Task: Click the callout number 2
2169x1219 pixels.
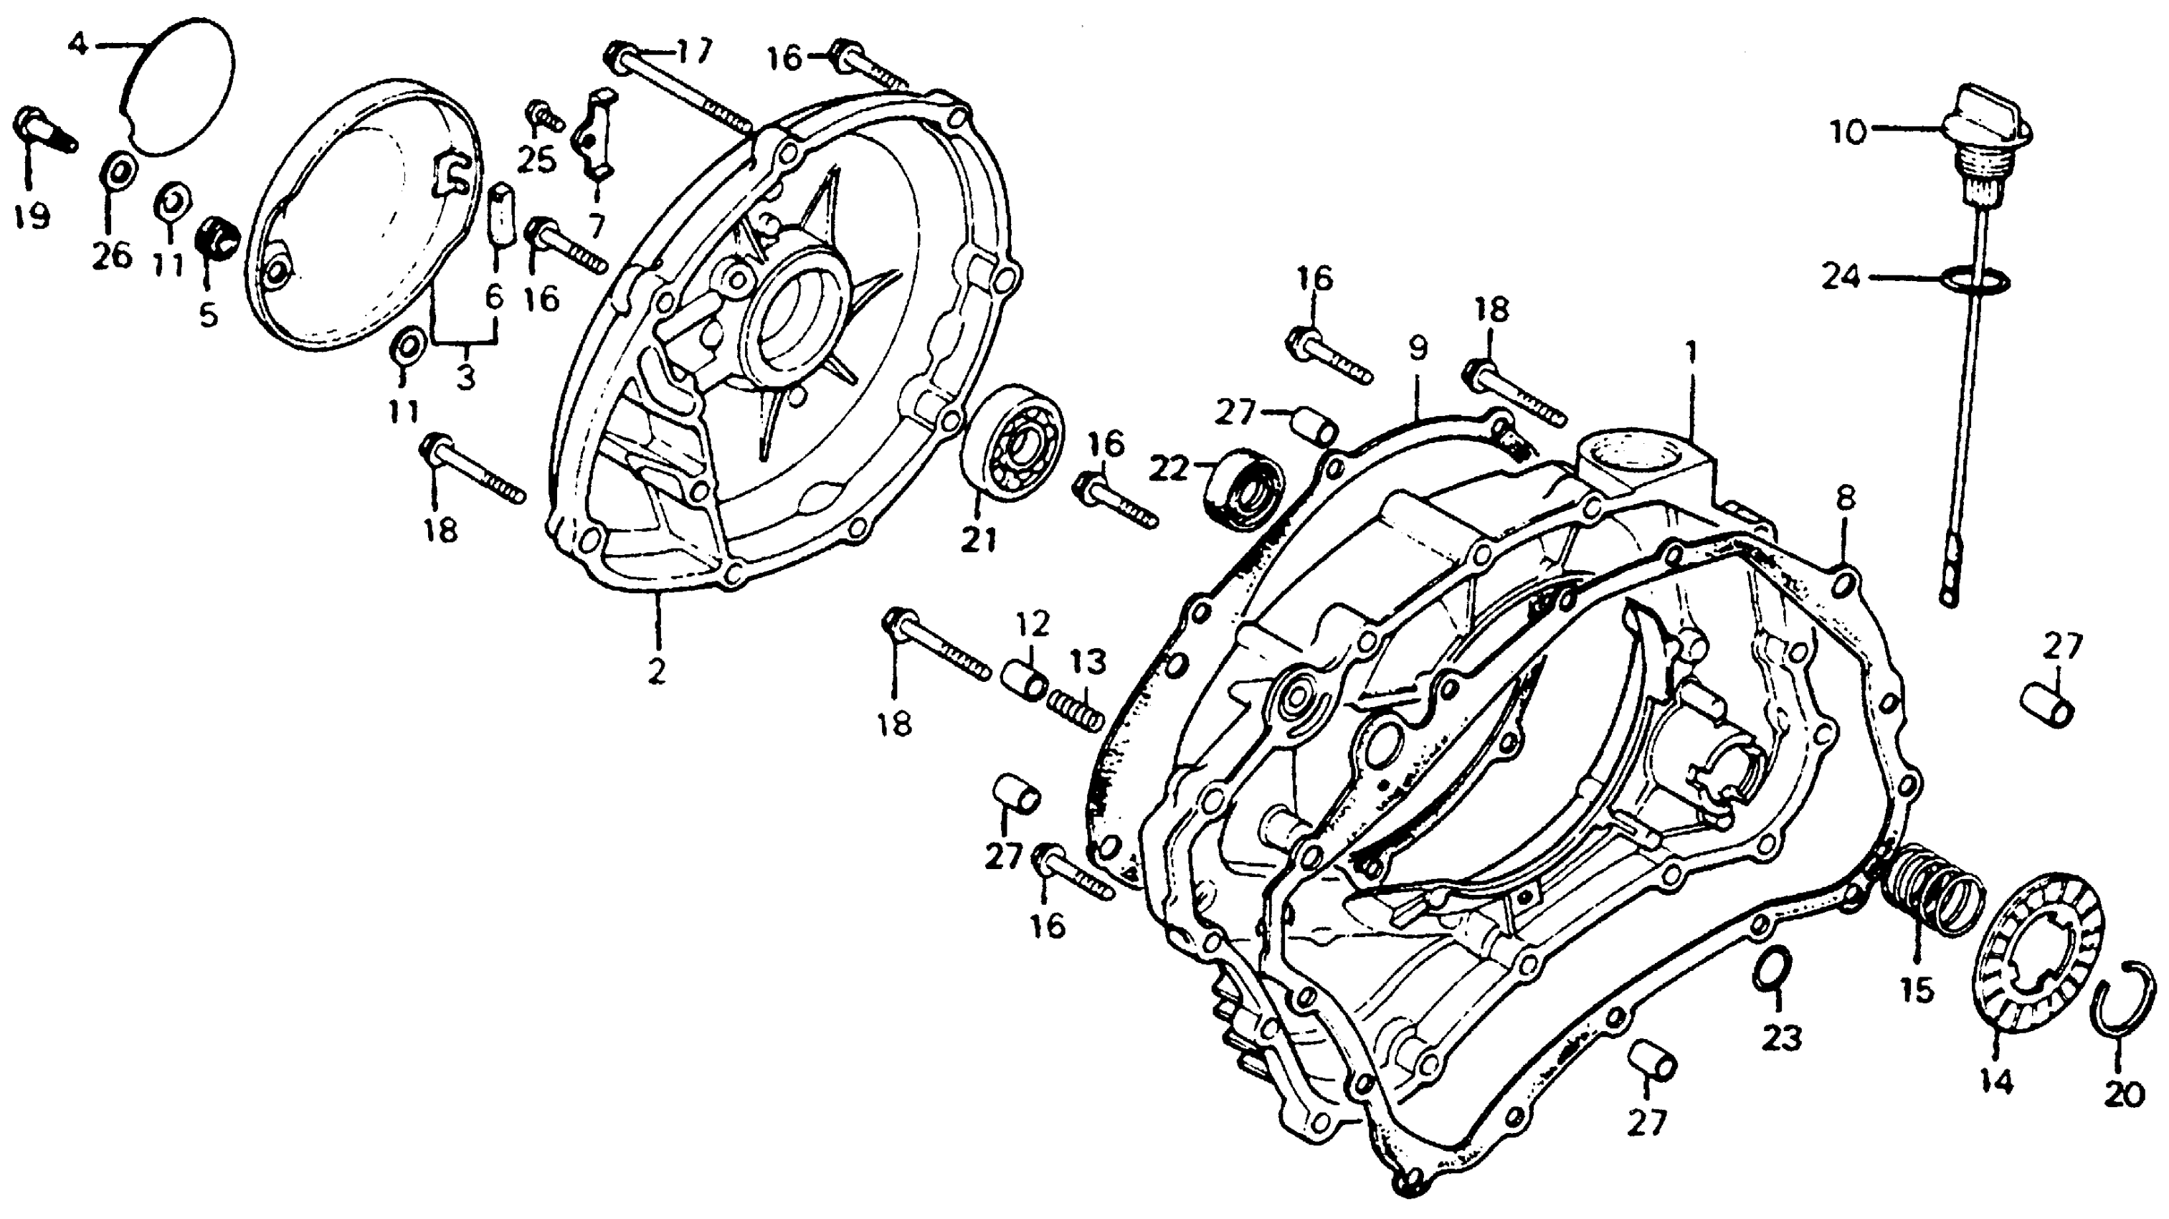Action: tap(656, 670)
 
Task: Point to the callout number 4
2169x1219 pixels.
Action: tap(77, 44)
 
